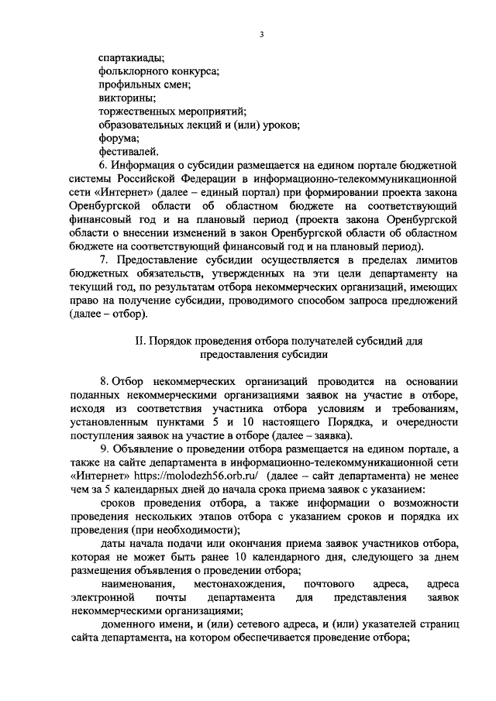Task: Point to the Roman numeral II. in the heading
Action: pos(140,342)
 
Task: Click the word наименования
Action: pos(138,584)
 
